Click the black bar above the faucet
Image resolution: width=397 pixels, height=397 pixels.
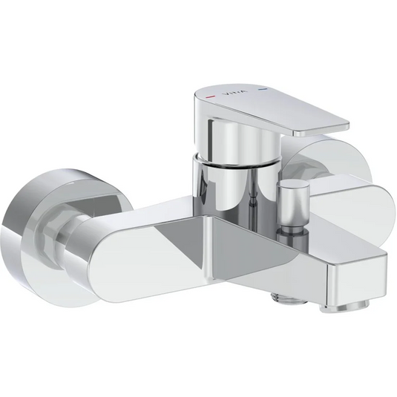tap(198, 27)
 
